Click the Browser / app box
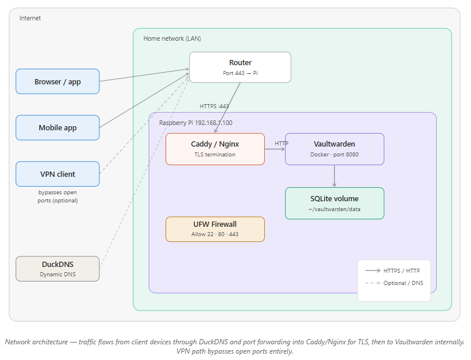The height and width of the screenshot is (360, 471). click(x=57, y=81)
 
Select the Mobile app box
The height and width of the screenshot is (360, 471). click(x=57, y=127)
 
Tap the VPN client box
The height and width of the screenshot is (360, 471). click(x=57, y=174)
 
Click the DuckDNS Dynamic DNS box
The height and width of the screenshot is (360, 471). click(x=57, y=268)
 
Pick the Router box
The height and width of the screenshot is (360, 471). click(x=240, y=67)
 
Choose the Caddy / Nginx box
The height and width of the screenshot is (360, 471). click(x=215, y=149)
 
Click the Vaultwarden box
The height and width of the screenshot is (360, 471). click(x=334, y=149)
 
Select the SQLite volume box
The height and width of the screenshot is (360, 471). click(x=334, y=203)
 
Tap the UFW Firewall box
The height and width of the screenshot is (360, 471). click(x=215, y=229)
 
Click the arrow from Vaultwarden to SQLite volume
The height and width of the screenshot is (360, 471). click(x=335, y=176)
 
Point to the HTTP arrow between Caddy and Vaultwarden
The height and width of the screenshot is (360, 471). click(x=275, y=149)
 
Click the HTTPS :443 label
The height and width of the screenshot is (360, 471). click(x=214, y=106)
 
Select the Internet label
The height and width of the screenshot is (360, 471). click(x=30, y=18)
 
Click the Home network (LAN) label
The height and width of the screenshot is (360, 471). click(x=172, y=38)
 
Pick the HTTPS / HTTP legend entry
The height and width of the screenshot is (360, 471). click(x=394, y=270)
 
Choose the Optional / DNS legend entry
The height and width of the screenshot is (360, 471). click(x=394, y=283)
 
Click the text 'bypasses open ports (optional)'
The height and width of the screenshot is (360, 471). click(x=57, y=196)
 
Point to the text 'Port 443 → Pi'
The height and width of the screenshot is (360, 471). click(x=240, y=73)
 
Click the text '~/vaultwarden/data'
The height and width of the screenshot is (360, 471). click(x=334, y=209)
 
